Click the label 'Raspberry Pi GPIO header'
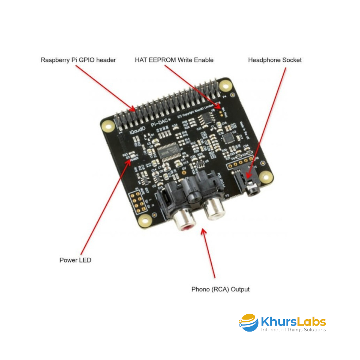coord(78,60)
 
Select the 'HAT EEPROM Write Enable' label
coord(174,60)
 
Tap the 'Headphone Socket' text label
coord(275,60)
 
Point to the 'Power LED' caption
coord(75,260)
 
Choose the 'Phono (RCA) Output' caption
coord(220,289)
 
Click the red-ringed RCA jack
coord(184,221)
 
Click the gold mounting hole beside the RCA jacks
coord(144,221)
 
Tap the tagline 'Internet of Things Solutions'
coord(293,330)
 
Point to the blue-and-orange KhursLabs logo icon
coord(249,323)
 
